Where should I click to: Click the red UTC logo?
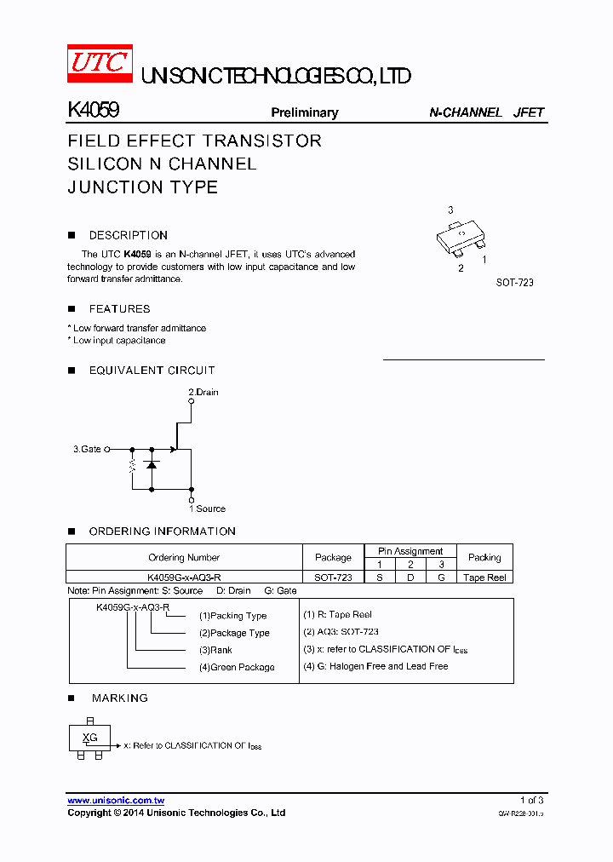tap(100, 64)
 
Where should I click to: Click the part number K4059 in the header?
tap(93, 111)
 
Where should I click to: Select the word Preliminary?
tap(304, 112)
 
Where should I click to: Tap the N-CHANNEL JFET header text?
tap(486, 112)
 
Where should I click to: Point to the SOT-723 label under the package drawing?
tap(514, 282)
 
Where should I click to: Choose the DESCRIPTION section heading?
tap(128, 235)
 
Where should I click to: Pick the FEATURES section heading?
tap(119, 309)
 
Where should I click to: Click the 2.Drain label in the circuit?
tap(203, 393)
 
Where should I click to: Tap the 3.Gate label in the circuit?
tap(87, 449)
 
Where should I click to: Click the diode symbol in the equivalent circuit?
tap(152, 464)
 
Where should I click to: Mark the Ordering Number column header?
tap(184, 558)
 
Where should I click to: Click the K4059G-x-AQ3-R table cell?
tap(184, 578)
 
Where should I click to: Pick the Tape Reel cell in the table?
tap(484, 578)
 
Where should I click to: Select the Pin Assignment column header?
tap(410, 551)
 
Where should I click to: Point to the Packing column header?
tap(484, 557)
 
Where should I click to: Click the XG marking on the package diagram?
tap(89, 738)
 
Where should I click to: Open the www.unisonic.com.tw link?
tap(116, 801)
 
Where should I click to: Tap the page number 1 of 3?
tap(531, 801)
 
